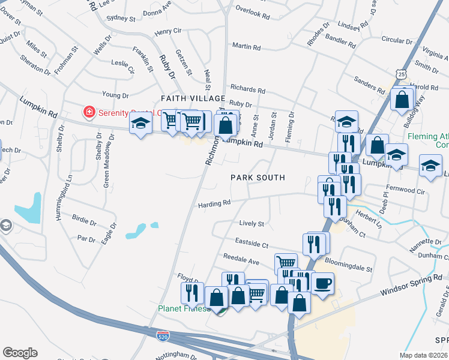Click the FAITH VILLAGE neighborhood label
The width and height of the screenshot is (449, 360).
(193, 98)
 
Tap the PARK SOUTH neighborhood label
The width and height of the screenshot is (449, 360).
(258, 178)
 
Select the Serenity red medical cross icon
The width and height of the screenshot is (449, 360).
(89, 112)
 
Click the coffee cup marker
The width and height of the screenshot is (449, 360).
(322, 283)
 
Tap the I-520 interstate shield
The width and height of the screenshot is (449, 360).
(163, 336)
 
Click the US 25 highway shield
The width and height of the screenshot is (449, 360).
(400, 73)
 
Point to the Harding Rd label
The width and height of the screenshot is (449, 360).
(214, 203)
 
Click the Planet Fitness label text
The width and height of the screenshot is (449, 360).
(184, 308)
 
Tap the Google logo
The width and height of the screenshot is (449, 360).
(20, 353)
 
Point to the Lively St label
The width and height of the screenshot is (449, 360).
(252, 224)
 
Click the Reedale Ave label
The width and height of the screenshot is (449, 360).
(241, 262)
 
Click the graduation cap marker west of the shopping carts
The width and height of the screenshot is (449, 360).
(140, 124)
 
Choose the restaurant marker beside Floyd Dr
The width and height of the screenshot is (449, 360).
(192, 293)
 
